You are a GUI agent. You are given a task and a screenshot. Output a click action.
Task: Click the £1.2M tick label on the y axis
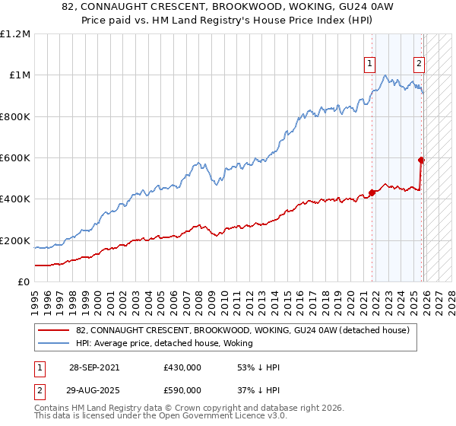coord(15,34)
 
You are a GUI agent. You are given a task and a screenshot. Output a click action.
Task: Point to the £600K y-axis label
coord(15,158)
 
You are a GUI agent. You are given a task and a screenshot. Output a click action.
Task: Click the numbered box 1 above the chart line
coord(369,65)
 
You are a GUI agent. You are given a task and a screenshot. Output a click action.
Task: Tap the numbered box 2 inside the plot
coord(418,65)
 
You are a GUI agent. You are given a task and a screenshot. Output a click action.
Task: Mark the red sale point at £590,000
coord(421,160)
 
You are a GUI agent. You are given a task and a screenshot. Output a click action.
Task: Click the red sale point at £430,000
coord(372,193)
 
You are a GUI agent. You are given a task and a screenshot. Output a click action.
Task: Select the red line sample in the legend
coord(54,331)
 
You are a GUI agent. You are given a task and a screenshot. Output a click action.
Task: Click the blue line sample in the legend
coord(54,344)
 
